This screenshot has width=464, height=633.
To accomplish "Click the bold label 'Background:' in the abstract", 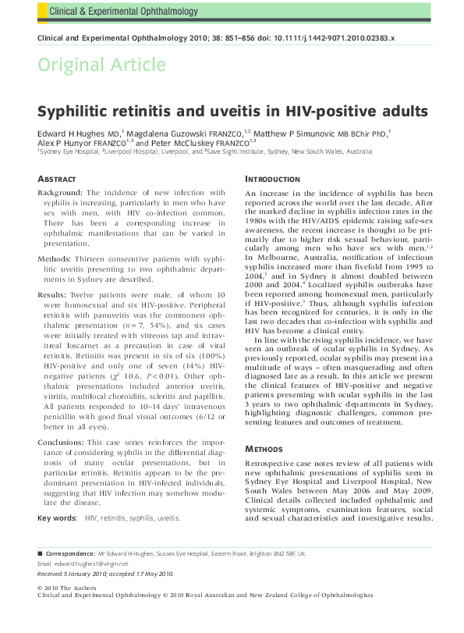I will tap(61, 192).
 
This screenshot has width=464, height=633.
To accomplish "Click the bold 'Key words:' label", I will tap(57, 517).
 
